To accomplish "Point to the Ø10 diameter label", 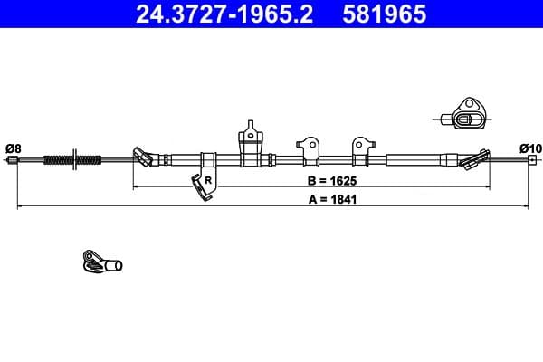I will point(530,148).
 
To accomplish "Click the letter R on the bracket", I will point(208,180).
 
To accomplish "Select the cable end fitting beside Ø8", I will point(13,161).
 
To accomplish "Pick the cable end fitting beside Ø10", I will point(531,161).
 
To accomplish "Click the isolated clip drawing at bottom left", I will point(100,263).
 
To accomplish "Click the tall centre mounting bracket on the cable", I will point(251,146).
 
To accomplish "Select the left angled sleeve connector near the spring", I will point(142,157).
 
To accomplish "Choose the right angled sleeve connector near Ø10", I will point(472,160).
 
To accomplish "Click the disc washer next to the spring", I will point(75,161).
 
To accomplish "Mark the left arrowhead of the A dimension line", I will point(20,206).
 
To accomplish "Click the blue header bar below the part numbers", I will point(271,30).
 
